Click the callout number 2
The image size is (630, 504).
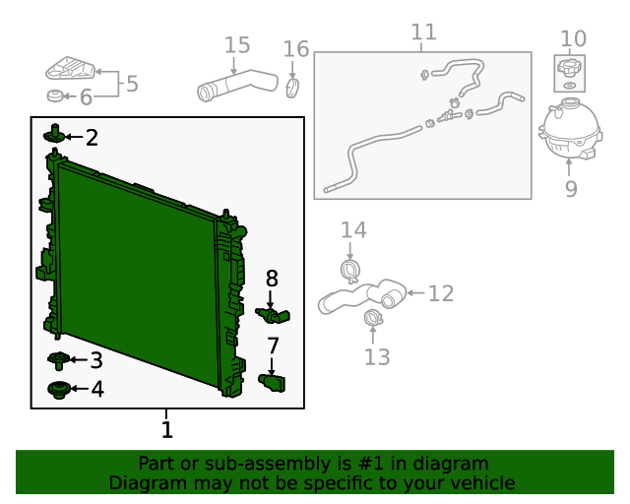[x=92, y=138]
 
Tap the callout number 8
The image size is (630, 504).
[x=272, y=279]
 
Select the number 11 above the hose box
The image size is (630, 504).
[x=424, y=32]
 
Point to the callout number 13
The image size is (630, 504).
[x=377, y=357]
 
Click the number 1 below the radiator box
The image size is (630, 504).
[x=167, y=429]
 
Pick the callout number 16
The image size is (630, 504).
[x=296, y=49]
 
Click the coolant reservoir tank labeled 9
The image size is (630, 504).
[x=570, y=128]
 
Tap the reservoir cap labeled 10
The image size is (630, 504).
[x=569, y=68]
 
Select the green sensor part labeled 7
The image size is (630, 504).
[x=272, y=383]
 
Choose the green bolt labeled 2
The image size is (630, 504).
[x=54, y=134]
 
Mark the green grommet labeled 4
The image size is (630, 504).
[x=59, y=390]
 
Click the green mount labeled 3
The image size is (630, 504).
[x=59, y=360]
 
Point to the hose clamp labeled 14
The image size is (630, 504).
[x=349, y=271]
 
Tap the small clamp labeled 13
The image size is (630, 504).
[x=373, y=318]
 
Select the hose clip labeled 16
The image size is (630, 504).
[x=293, y=88]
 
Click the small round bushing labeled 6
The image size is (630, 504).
[x=55, y=96]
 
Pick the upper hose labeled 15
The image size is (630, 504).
[x=237, y=86]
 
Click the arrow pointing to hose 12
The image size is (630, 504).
[x=415, y=293]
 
